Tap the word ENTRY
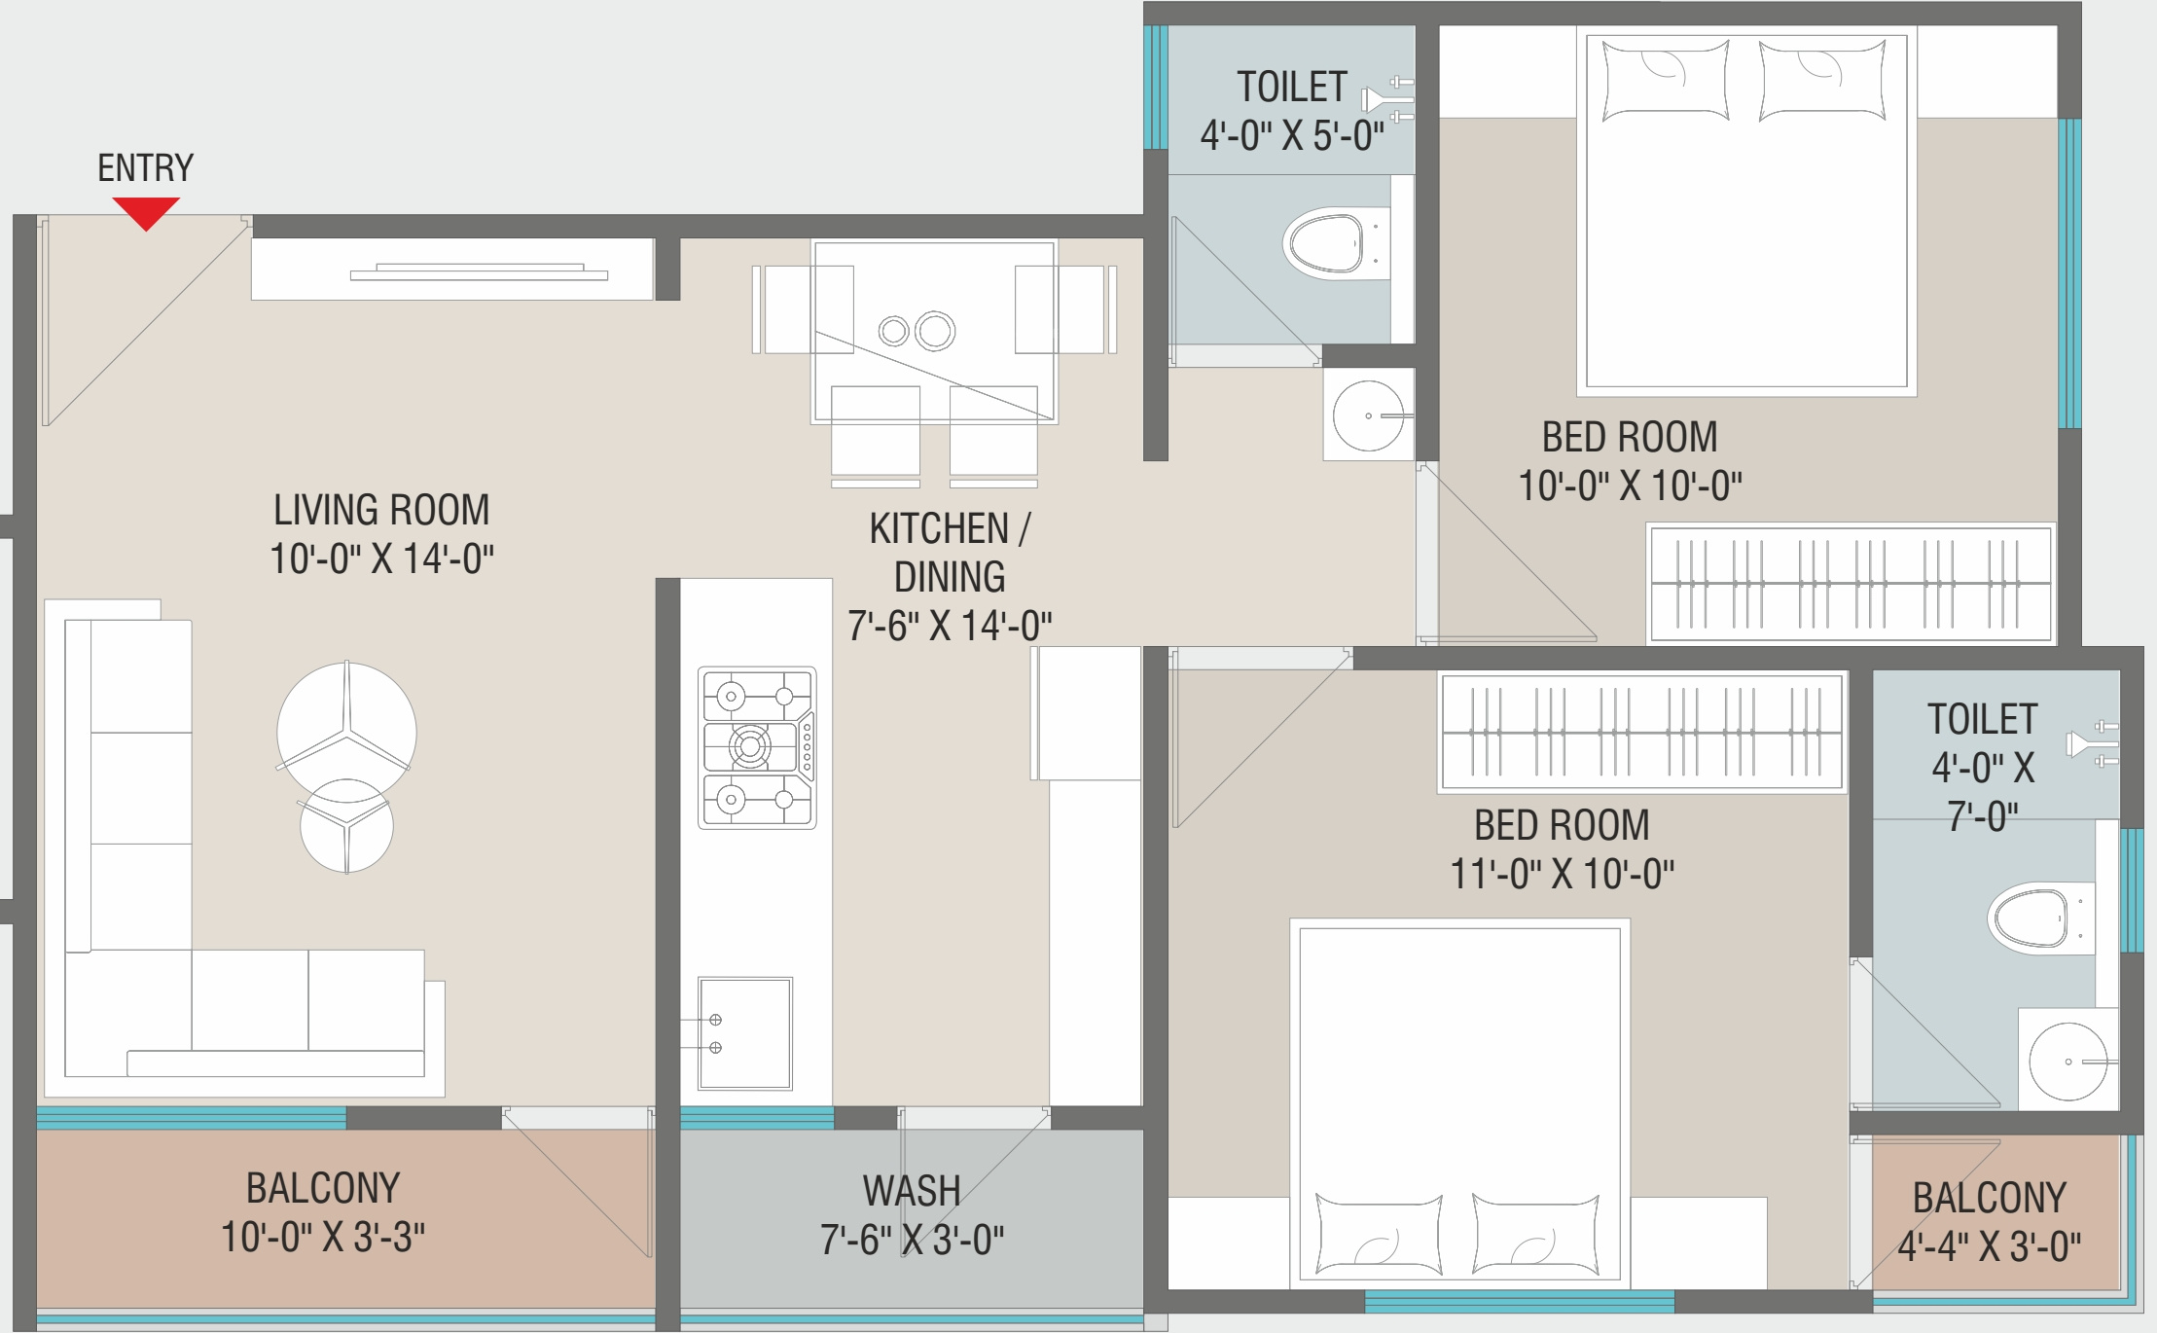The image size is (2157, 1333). coord(146,168)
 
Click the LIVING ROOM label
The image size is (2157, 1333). coord(381,510)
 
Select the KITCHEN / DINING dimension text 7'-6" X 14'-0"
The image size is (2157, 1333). coord(950,626)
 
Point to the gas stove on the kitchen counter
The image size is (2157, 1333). coord(757,747)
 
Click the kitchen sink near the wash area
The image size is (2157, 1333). coord(744,1033)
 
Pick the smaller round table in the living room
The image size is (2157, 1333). coord(346,825)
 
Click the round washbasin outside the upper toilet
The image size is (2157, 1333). coord(1368,415)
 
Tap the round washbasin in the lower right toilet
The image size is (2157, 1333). coord(2068,1062)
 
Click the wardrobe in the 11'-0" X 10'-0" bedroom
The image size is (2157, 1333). coord(1642,732)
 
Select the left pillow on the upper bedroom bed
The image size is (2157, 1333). coord(1666,80)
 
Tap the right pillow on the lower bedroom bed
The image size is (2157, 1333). coord(1536,1234)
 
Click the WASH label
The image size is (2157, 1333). coord(912,1191)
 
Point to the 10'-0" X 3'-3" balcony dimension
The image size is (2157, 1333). coord(323,1237)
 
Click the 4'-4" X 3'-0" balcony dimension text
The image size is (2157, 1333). coord(1990,1245)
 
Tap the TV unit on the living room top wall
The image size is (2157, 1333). coord(452,269)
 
